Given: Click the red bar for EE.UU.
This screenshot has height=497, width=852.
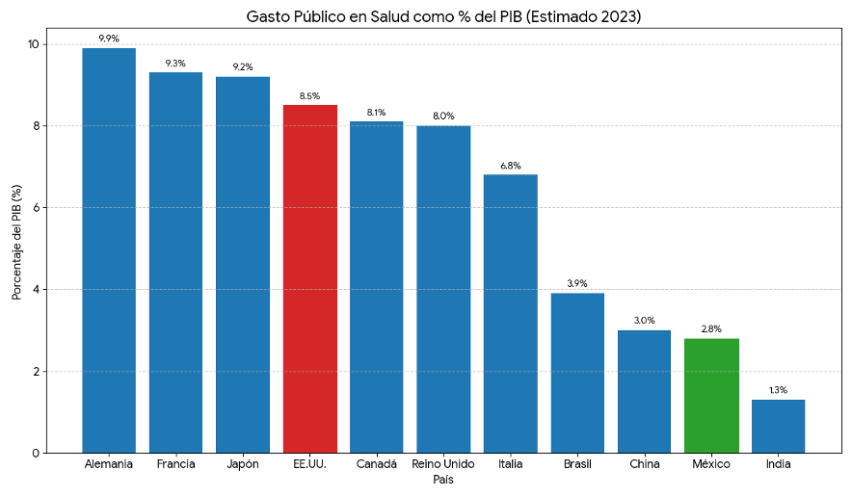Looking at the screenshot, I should coord(309,279).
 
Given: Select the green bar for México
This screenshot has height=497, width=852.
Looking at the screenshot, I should coord(711,395).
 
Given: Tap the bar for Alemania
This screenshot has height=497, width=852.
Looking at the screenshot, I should coord(109,250).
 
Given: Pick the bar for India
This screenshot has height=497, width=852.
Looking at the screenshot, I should coord(778,426).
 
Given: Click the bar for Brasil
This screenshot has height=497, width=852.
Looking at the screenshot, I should coord(577,373).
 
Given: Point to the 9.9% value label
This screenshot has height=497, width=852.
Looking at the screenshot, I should coord(109,39).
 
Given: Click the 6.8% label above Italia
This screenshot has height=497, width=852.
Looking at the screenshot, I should coord(511,166).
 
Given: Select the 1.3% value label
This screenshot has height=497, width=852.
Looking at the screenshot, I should coord(778,390).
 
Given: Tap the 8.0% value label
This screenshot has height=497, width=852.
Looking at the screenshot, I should coord(443,117).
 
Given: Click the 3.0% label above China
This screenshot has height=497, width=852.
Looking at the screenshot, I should coord(644,321).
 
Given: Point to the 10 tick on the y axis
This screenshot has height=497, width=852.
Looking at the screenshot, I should coord(33,44).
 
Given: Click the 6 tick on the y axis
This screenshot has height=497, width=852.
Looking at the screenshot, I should coord(36,208).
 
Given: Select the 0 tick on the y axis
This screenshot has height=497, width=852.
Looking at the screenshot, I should coord(36,453).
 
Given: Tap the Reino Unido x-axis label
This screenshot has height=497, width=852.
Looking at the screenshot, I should coord(443,464).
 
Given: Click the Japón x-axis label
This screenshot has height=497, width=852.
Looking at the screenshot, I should coord(243,464).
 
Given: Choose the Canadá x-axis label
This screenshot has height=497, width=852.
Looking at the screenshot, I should coord(376,464).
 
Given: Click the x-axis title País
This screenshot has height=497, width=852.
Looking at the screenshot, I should coord(443,480).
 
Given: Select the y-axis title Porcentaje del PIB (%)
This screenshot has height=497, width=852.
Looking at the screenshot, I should coord(16,248).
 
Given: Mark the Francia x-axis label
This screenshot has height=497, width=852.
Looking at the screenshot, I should coord(175,464).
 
